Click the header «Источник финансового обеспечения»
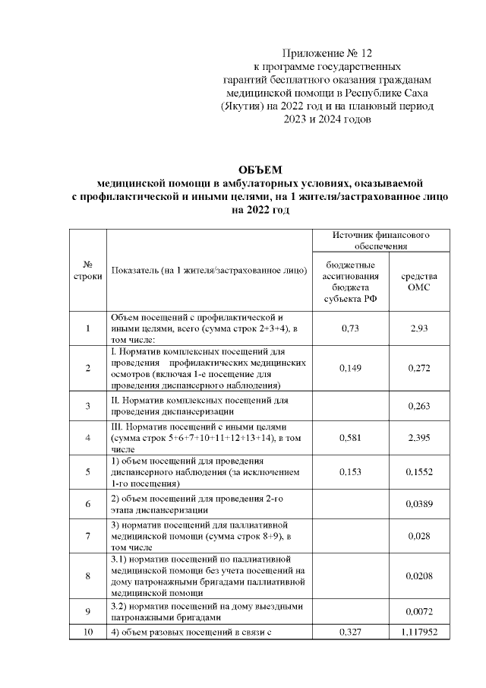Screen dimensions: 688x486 tap(381, 241)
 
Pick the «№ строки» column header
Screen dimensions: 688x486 tap(88, 270)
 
